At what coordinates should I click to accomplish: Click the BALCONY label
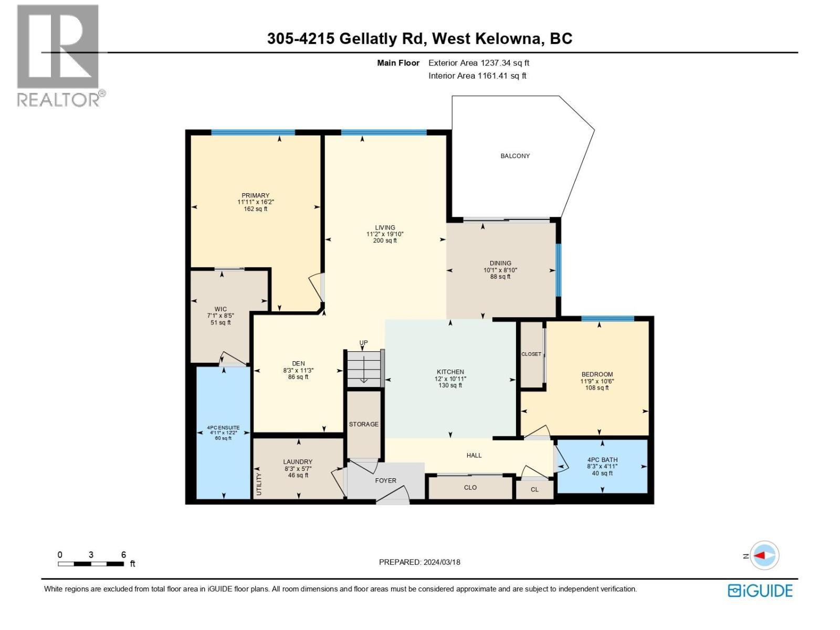(514, 156)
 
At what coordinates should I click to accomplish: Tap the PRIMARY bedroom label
(255, 195)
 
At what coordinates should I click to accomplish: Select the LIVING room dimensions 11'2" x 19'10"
(385, 234)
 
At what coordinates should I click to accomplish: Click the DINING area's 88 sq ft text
(500, 277)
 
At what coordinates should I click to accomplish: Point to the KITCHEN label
(450, 372)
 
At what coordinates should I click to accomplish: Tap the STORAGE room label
(363, 424)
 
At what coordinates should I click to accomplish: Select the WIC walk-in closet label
(220, 309)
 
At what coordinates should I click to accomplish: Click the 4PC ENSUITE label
(223, 428)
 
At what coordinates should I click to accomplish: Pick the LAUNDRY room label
(298, 462)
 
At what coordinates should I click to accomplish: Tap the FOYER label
(385, 480)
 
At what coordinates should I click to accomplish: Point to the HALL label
(474, 455)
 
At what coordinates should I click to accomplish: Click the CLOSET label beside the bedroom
(531, 354)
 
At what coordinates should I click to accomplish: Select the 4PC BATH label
(602, 460)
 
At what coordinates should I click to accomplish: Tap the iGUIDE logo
(760, 591)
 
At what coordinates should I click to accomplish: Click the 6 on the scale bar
(123, 554)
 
